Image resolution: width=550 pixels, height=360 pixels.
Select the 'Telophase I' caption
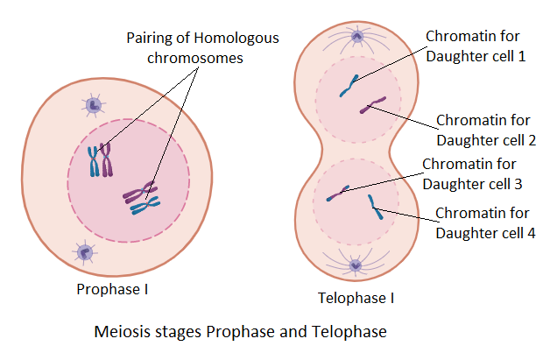(x=356, y=298)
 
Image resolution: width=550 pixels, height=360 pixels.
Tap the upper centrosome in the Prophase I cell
(x=94, y=106)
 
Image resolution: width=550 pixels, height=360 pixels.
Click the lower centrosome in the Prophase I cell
(x=85, y=252)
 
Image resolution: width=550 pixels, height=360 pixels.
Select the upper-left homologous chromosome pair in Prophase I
(x=100, y=160)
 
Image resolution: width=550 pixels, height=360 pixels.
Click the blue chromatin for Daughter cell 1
(x=349, y=85)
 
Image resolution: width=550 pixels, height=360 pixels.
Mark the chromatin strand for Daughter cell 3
(x=338, y=193)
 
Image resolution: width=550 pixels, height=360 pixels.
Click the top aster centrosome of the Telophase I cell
(x=356, y=37)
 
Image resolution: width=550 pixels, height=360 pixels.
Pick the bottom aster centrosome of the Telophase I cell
(x=356, y=265)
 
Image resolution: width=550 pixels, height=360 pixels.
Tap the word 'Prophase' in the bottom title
(x=235, y=333)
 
